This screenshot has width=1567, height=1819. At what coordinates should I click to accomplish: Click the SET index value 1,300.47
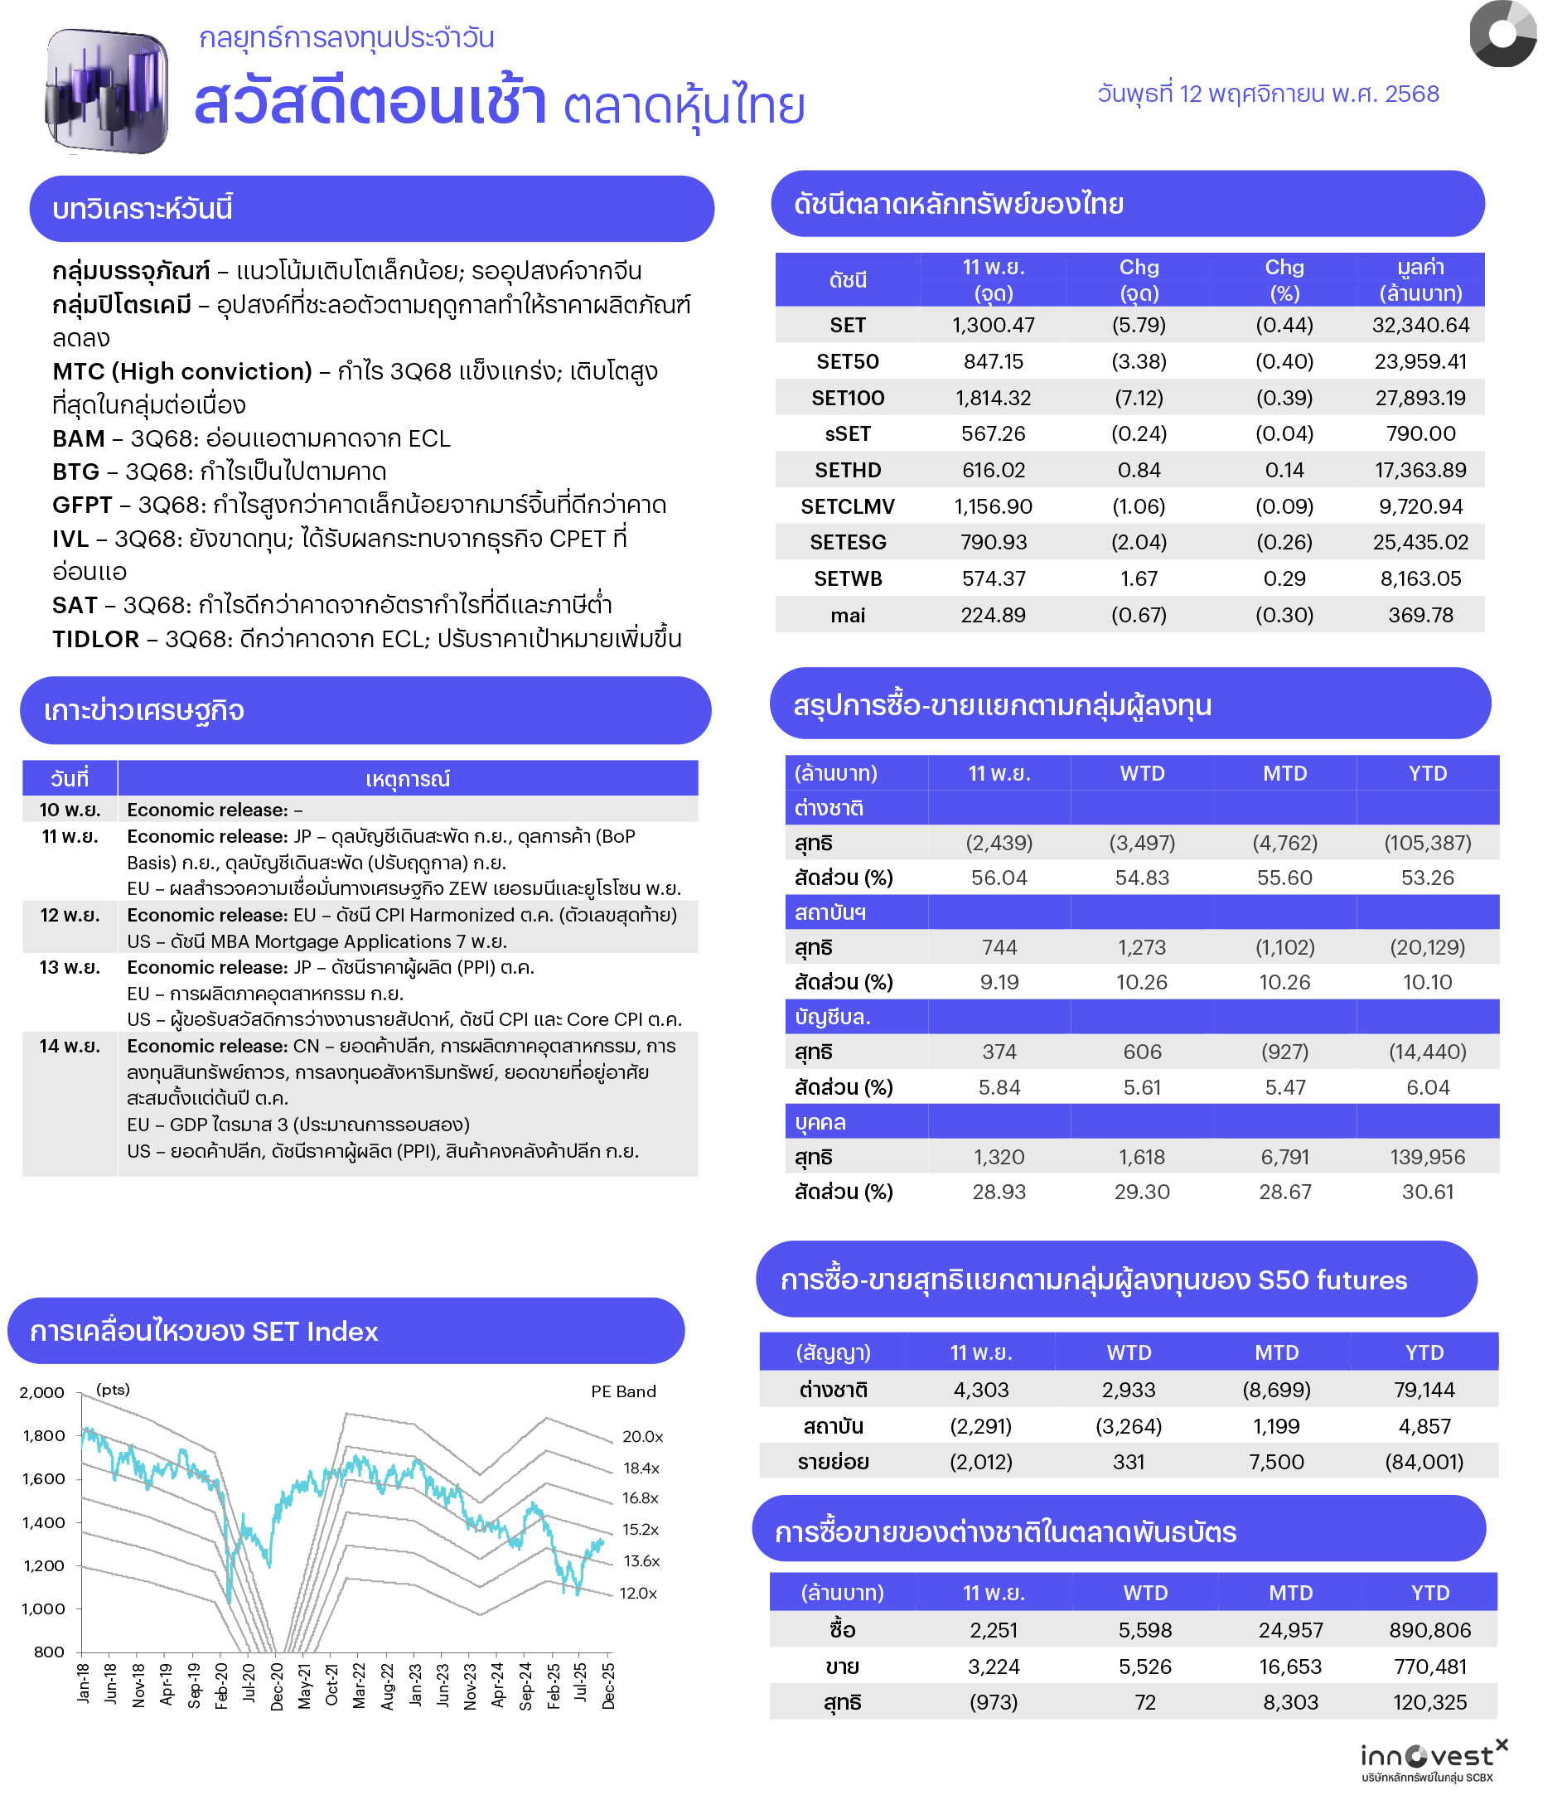pos(993,325)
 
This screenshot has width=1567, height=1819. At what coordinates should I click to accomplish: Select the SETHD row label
pos(847,470)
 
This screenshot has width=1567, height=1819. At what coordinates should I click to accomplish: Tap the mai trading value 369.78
pos(1419,615)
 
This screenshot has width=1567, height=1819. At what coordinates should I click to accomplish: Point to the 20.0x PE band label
pos(641,1436)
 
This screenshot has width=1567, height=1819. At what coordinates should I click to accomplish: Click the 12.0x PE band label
pos(638,1593)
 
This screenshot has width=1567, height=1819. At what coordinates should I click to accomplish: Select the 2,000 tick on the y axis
pos(42,1392)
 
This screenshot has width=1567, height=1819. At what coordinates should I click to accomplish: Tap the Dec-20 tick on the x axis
pos(278,1686)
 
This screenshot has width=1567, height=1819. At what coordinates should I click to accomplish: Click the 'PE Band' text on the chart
pos(622,1391)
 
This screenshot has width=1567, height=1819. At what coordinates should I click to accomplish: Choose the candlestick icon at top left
pos(106,90)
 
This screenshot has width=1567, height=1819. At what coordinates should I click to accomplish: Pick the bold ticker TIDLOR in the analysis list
pos(94,638)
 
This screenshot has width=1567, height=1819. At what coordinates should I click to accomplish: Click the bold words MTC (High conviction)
pos(181,371)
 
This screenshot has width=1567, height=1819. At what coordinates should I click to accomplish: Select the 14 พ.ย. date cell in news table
pos(70,1046)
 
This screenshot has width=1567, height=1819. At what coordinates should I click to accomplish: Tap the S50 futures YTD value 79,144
pos(1423,1390)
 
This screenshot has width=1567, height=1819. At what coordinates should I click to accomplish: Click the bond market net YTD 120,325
pos(1429,1702)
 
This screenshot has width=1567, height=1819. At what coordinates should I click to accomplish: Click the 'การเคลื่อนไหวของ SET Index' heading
pos(204,1331)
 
